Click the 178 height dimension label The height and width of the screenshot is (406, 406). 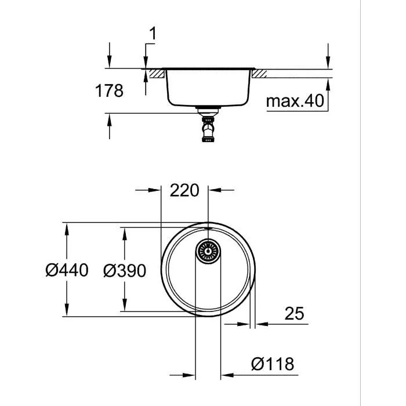pos(110,91)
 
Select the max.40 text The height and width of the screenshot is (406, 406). pos(294,101)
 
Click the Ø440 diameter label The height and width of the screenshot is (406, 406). pos(67,270)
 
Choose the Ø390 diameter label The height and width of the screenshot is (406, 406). pos(123,270)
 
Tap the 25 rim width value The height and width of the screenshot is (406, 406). pos(294,314)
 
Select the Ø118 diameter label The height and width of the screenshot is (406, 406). pos(273,364)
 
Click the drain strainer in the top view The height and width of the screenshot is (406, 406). pos(208,251)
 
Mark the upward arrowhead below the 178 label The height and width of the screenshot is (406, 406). pos(110,120)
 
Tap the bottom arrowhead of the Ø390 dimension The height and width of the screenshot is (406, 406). pos(124,306)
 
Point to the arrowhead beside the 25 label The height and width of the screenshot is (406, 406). pos(262,323)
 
